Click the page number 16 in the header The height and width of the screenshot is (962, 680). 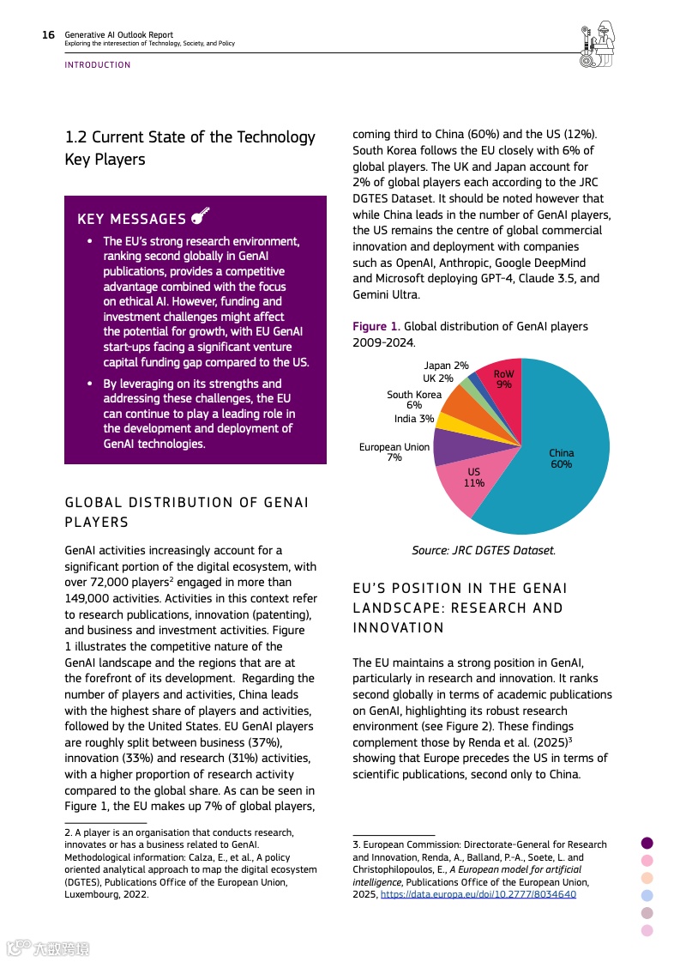coord(48,35)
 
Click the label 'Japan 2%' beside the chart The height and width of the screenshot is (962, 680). coord(446,366)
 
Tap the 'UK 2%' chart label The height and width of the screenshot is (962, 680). coord(438,378)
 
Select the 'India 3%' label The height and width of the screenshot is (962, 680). coord(414,419)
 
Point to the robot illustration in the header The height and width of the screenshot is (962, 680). coord(597,44)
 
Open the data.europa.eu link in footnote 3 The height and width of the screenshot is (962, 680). coord(478,894)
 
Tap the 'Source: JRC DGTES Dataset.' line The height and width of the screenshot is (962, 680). coord(483,550)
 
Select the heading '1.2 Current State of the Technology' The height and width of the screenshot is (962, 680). coord(190,137)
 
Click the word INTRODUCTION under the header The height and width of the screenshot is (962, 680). coord(98,65)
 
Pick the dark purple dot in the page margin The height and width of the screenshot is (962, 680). coord(647,843)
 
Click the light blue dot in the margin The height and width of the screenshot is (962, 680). coord(647,895)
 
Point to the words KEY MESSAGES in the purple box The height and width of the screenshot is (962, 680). coord(131,220)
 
